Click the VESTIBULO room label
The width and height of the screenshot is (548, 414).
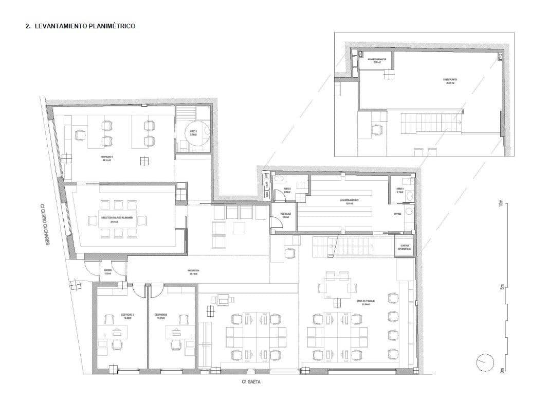point(286,215)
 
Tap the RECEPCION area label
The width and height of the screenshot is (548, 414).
point(193,271)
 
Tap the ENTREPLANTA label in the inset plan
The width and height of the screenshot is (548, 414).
point(450,81)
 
